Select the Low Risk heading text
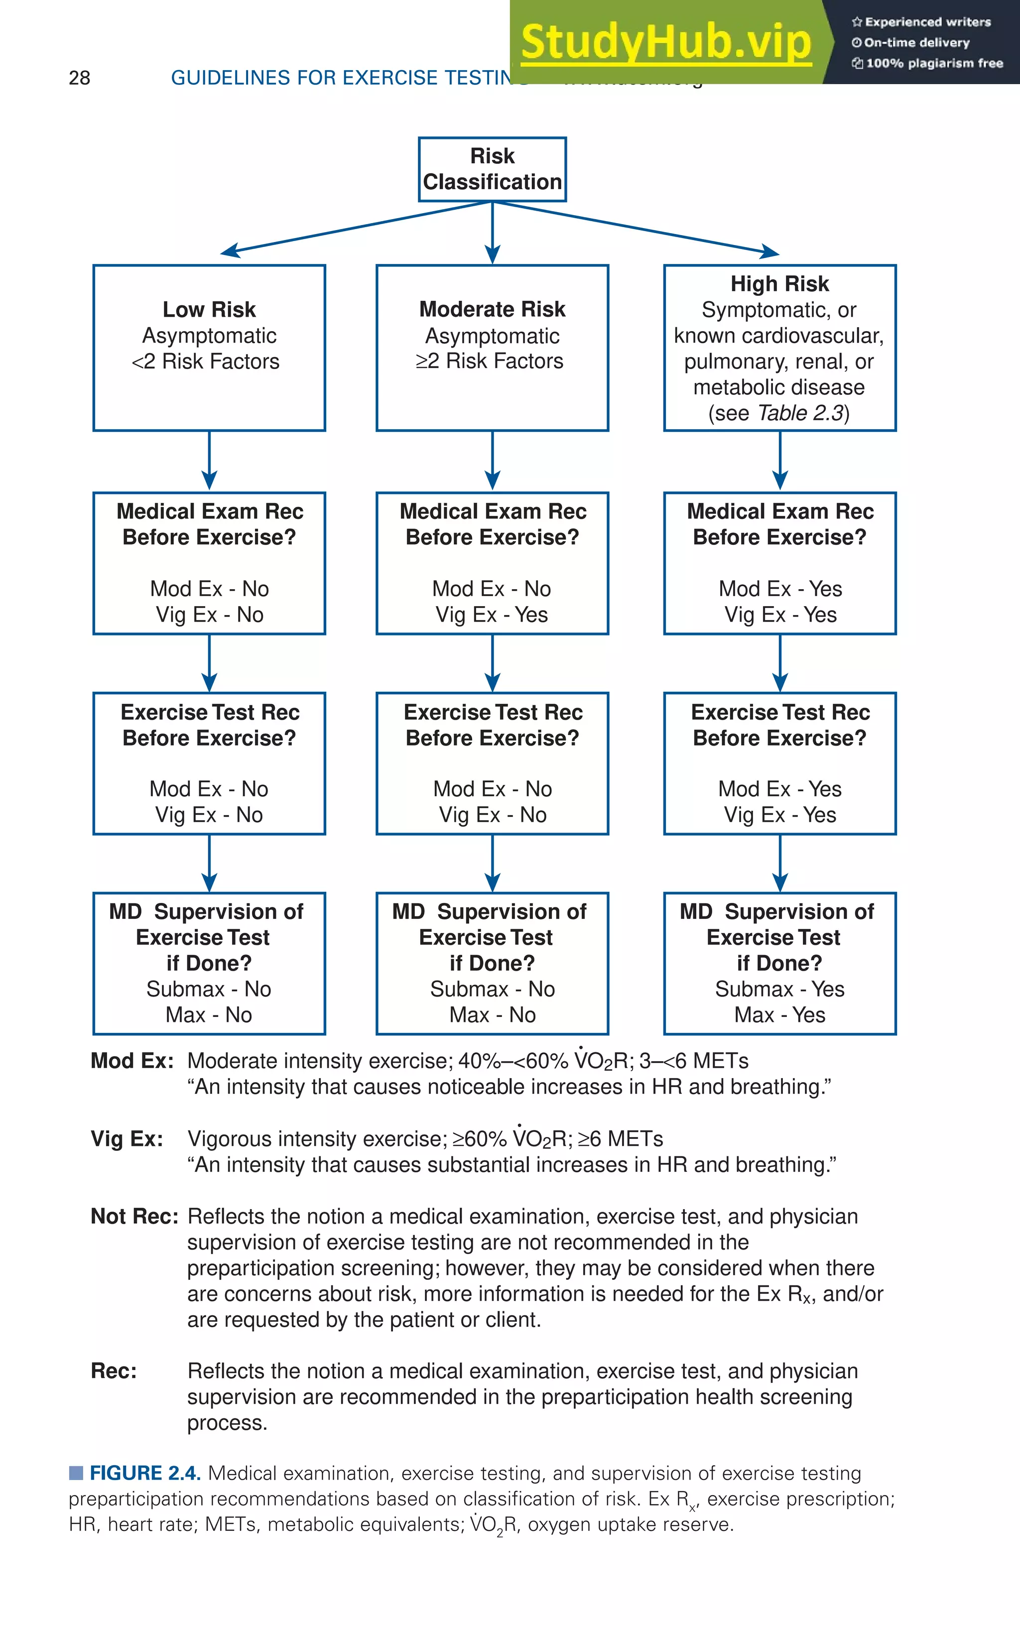click(x=209, y=310)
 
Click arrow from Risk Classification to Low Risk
click(x=351, y=227)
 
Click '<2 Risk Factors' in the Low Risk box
click(x=206, y=362)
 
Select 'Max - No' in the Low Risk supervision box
click(x=209, y=1014)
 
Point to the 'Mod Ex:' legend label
click(x=132, y=1061)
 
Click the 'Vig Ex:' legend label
click(x=127, y=1138)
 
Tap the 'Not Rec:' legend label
click(x=134, y=1216)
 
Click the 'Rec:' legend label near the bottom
click(x=114, y=1371)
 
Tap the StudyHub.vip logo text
click(x=666, y=42)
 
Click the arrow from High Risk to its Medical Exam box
click(x=780, y=461)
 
